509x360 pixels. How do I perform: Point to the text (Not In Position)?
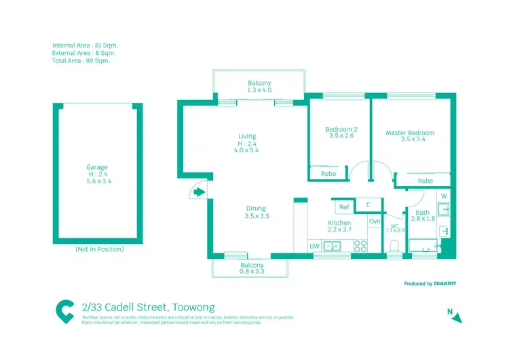pyautogui.click(x=99, y=249)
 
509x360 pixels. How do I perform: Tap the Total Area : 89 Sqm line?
pyautogui.click(x=80, y=60)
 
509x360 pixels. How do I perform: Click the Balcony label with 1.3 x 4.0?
pyautogui.click(x=259, y=86)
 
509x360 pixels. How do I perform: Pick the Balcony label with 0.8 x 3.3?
pyautogui.click(x=252, y=268)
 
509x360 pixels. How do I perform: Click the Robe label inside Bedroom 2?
pyautogui.click(x=328, y=174)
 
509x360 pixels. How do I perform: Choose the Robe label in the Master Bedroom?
pyautogui.click(x=426, y=181)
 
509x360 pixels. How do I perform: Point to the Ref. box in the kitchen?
pyautogui.click(x=345, y=206)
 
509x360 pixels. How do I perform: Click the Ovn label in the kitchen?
pyautogui.click(x=375, y=221)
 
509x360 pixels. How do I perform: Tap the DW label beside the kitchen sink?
pyautogui.click(x=314, y=246)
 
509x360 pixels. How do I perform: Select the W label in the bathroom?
pyautogui.click(x=443, y=196)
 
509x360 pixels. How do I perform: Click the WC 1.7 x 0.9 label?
pyautogui.click(x=394, y=228)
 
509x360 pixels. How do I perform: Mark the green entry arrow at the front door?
pyautogui.click(x=197, y=193)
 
